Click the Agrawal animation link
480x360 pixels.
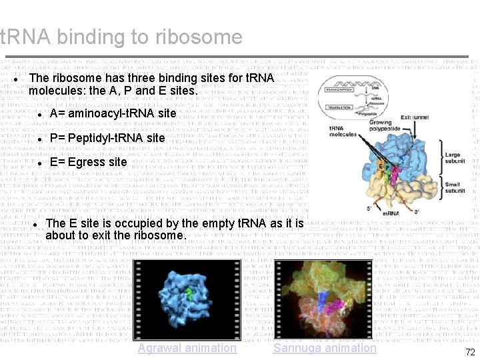187,348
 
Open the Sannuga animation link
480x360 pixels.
325,348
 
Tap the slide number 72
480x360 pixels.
470,352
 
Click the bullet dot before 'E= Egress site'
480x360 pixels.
40,163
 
